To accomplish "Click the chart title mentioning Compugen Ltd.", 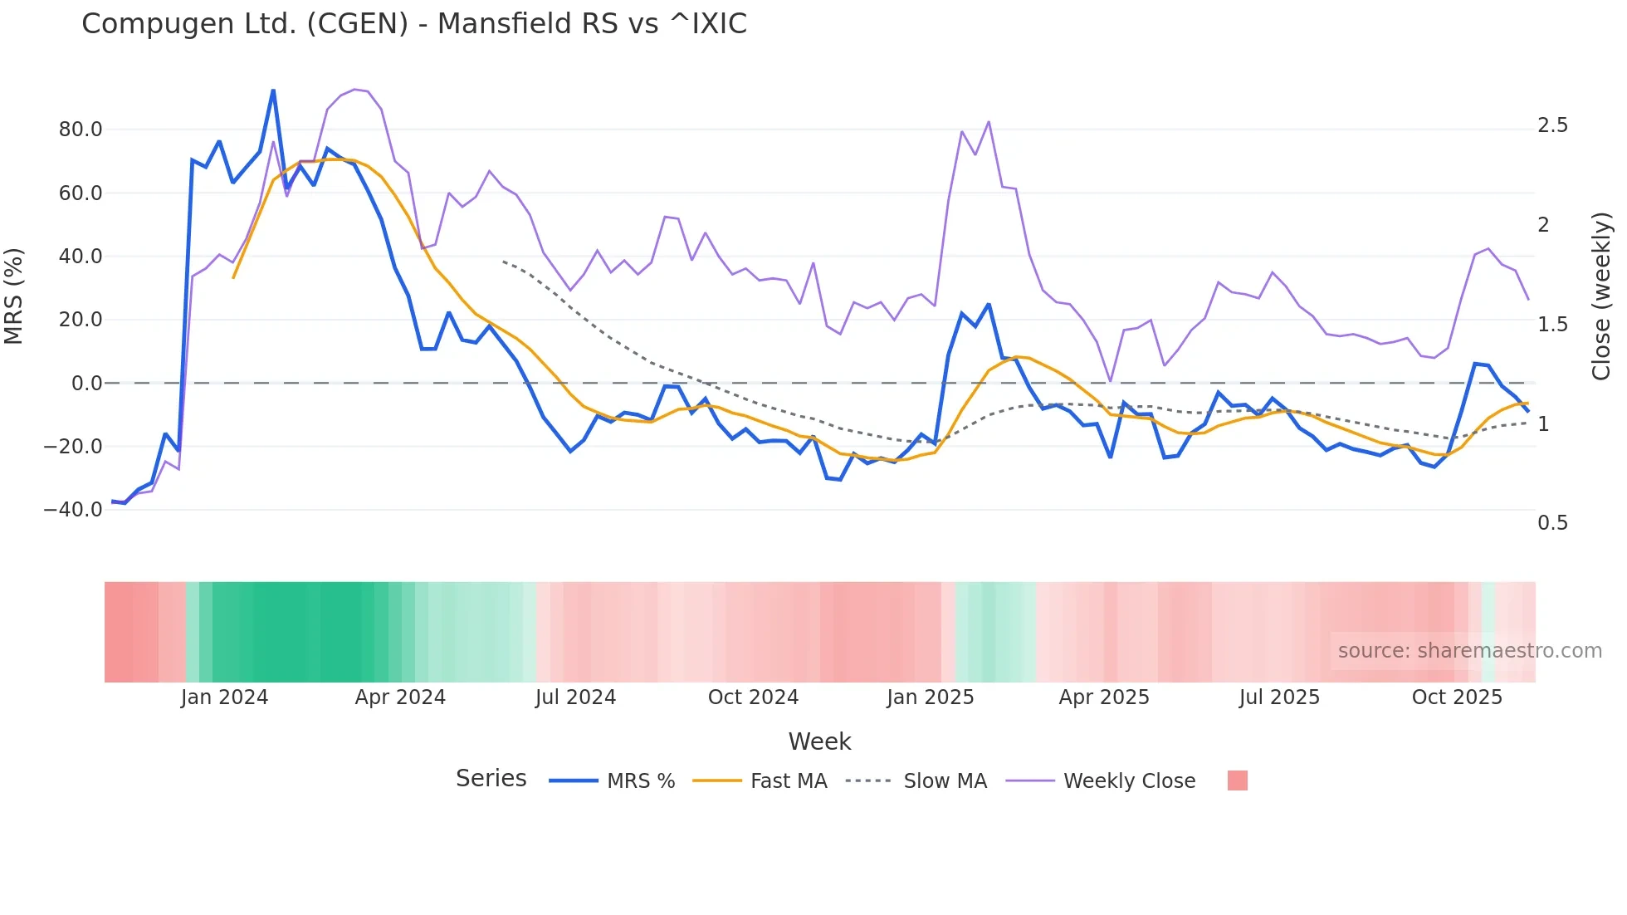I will [413, 23].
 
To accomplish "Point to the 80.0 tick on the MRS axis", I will [81, 130].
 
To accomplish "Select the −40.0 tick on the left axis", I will [73, 510].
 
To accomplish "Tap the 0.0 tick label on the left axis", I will [86, 384].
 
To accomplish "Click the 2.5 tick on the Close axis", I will [1552, 125].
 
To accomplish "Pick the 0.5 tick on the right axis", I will [1552, 523].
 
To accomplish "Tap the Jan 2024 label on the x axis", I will [224, 697].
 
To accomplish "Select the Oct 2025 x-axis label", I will [1457, 697].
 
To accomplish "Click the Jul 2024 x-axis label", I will [575, 697].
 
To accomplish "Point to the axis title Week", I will [819, 741].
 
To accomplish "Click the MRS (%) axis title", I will [14, 296].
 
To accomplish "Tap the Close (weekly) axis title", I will [1601, 296].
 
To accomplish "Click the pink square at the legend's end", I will [1237, 780].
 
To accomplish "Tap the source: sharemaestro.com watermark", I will [1469, 651].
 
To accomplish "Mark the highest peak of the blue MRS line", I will [273, 91].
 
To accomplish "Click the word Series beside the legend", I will [491, 779].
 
